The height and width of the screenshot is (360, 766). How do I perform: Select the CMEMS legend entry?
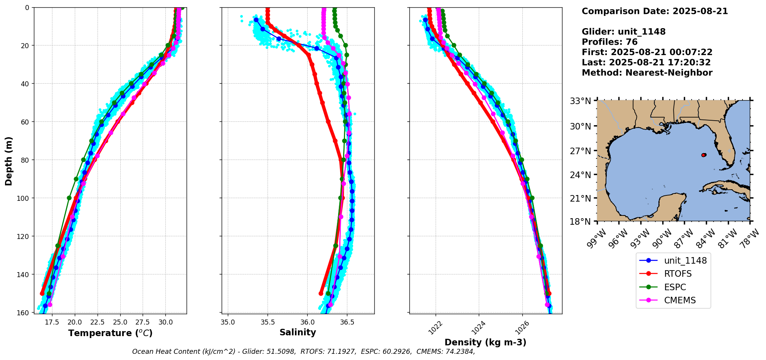(680, 301)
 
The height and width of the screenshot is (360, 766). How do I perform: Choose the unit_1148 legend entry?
(685, 261)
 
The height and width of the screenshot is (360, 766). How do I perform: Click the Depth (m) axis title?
(9, 161)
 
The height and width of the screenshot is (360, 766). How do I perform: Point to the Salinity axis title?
(298, 333)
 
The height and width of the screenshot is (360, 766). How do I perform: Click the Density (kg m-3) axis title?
(485, 342)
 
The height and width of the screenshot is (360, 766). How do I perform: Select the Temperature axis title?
(110, 333)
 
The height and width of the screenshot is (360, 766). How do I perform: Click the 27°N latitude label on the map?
(580, 151)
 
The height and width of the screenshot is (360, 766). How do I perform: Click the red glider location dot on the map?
(704, 155)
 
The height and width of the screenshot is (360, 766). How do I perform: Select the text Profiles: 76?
(609, 42)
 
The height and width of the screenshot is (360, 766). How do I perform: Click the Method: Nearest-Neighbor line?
(647, 73)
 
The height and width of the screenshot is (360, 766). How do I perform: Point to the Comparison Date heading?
(655, 11)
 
